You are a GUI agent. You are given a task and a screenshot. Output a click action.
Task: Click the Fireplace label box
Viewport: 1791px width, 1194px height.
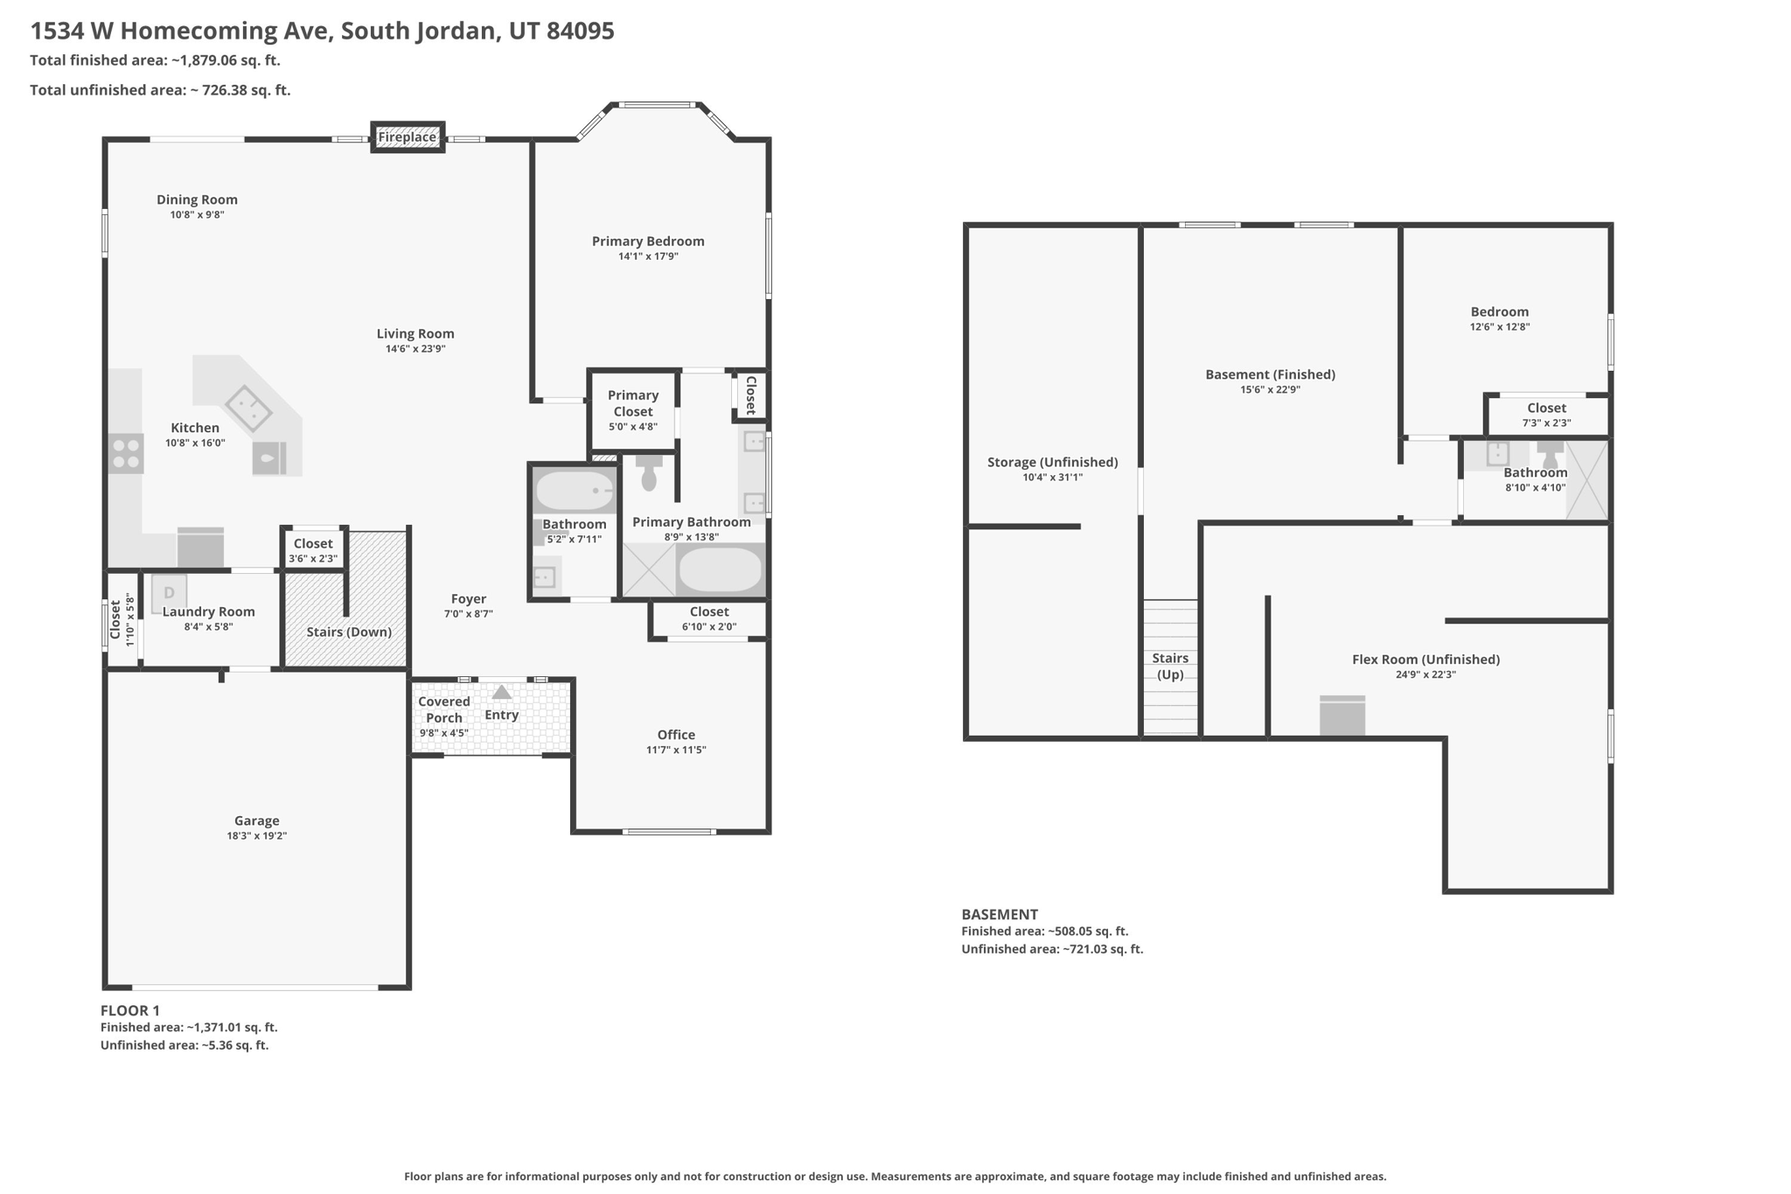click(408, 137)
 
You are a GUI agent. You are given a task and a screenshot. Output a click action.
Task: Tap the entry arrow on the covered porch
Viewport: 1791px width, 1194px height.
click(501, 692)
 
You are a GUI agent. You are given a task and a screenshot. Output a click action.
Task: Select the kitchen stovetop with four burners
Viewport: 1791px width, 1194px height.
click(126, 453)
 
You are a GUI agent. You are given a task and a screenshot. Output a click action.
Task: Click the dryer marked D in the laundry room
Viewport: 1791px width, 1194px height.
click(169, 593)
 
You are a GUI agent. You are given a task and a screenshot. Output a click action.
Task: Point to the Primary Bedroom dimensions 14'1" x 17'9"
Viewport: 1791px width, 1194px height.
click(648, 256)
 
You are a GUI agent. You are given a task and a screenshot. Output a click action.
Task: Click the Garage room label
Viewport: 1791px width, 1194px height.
click(257, 820)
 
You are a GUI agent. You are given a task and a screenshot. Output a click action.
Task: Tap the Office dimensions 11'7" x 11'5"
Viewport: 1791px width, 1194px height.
click(676, 750)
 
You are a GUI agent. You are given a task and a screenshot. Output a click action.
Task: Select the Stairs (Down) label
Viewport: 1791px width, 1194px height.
click(349, 632)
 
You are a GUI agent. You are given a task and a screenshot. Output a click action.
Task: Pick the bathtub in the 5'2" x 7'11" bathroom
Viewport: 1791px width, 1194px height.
click(575, 491)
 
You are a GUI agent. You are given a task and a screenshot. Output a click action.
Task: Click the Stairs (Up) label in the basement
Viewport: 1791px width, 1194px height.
click(1170, 666)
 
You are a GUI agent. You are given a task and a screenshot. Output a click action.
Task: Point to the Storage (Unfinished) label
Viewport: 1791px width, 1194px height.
click(1053, 462)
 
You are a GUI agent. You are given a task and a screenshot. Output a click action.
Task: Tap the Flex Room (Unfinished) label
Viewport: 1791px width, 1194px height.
click(1426, 660)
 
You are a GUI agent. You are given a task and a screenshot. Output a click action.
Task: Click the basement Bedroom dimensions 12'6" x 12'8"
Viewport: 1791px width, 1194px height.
click(1500, 327)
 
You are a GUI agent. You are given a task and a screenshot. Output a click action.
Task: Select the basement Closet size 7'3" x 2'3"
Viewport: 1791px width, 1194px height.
click(1547, 423)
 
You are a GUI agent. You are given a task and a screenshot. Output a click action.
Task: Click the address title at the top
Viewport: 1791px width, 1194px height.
click(323, 31)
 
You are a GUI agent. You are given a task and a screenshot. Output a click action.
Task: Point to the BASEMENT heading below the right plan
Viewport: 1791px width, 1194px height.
click(1000, 914)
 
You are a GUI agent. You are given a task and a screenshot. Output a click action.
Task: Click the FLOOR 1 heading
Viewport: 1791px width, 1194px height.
click(130, 1010)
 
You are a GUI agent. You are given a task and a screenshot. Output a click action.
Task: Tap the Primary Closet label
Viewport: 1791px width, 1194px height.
click(633, 403)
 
